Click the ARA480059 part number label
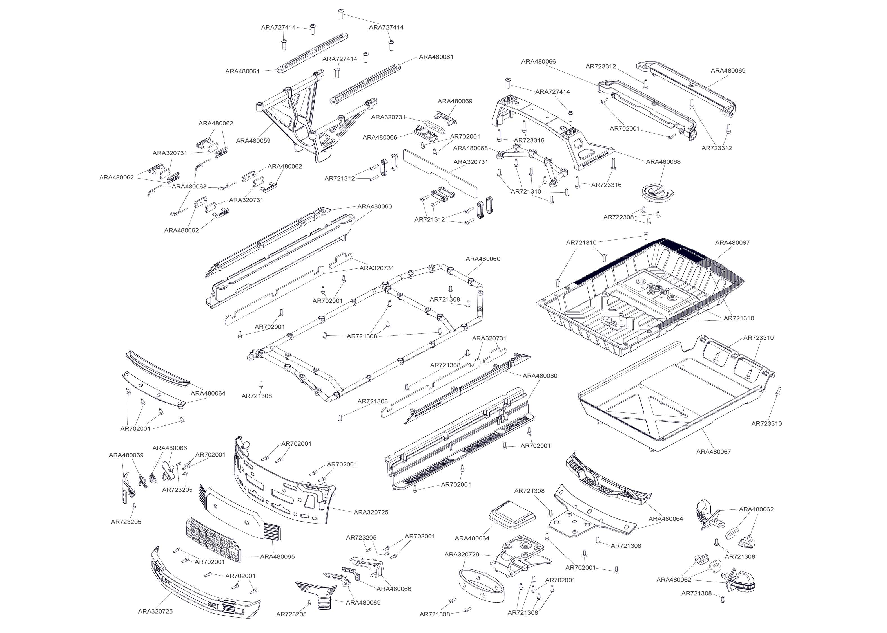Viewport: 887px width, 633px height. point(253,141)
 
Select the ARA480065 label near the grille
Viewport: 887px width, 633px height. point(277,556)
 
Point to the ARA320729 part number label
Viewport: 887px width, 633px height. point(462,554)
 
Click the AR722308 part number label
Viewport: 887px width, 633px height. point(618,217)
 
